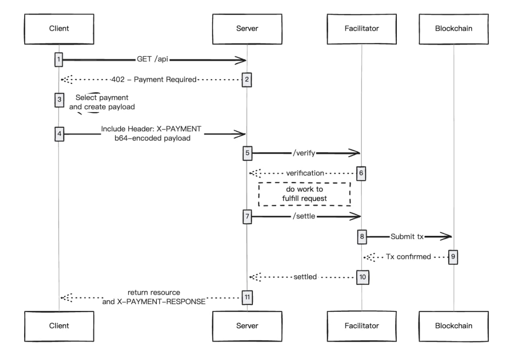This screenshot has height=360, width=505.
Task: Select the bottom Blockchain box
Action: [454, 326]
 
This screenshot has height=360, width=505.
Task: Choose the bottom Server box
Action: [247, 326]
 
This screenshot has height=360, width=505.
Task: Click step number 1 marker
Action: [59, 59]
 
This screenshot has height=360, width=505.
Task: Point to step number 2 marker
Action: [247, 80]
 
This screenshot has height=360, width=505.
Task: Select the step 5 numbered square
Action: [247, 153]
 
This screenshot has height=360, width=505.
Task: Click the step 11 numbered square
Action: [247, 297]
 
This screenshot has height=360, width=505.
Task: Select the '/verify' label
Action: [305, 153]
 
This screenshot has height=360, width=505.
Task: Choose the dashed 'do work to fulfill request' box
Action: [304, 194]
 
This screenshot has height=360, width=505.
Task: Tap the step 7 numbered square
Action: [247, 217]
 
